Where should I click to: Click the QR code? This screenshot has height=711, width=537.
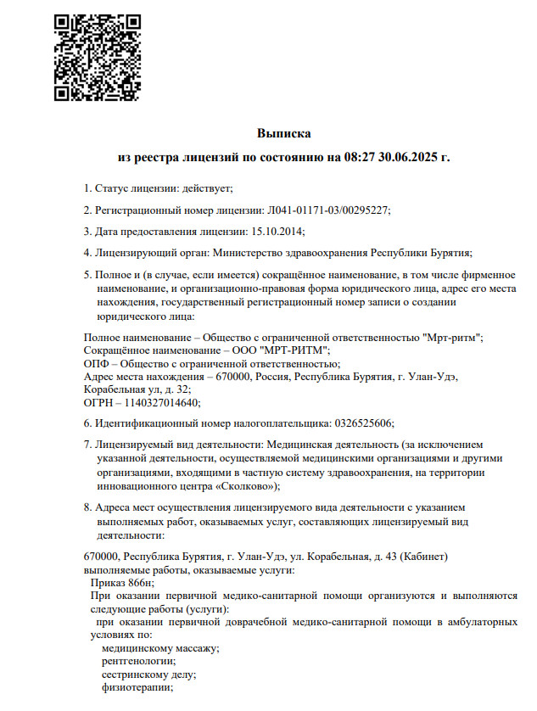[98, 57]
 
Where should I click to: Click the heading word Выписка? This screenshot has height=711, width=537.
[284, 133]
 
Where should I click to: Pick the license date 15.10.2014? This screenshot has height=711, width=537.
[277, 231]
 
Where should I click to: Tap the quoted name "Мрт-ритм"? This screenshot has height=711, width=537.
[452, 338]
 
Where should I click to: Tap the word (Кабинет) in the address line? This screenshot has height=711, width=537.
[410, 556]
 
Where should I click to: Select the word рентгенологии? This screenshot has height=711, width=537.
[138, 660]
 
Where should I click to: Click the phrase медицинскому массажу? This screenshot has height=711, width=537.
[159, 647]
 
